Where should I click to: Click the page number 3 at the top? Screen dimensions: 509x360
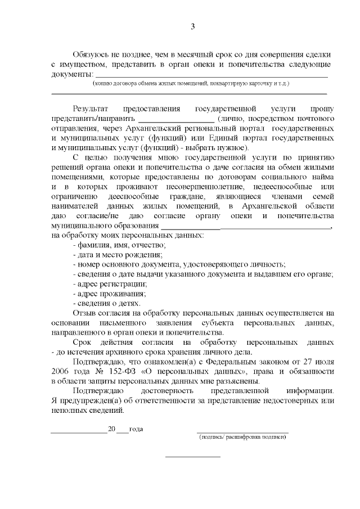click(x=192, y=27)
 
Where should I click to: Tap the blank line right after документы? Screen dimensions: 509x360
click(x=211, y=75)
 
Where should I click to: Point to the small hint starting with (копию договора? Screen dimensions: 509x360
click(x=191, y=83)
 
